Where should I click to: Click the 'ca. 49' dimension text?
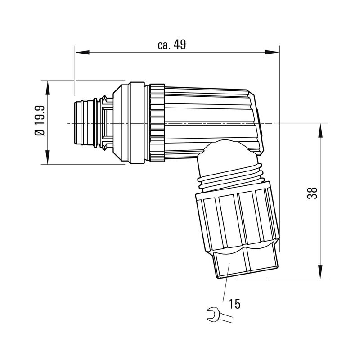click(172, 45)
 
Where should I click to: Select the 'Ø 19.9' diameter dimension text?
click(40, 121)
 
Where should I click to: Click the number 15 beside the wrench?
click(234, 304)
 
